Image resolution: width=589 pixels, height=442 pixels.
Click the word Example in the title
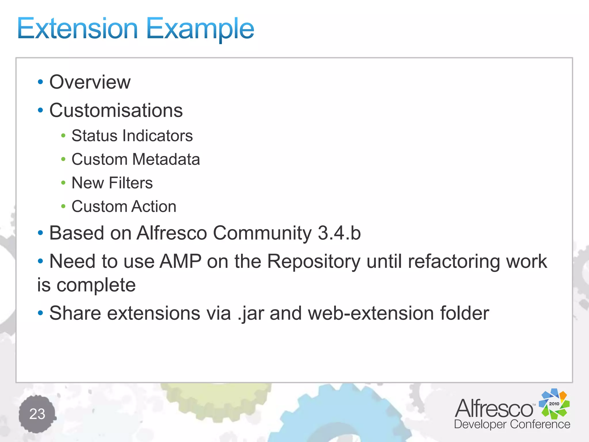tap(200, 29)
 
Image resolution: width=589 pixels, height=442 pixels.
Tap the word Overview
tap(90, 82)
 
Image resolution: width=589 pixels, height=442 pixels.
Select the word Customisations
tap(116, 110)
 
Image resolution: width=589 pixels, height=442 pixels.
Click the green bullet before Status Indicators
tap(63, 136)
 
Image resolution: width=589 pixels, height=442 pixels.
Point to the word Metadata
tap(166, 159)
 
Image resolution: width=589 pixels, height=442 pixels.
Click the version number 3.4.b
tap(339, 233)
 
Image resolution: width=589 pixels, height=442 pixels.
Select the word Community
tap(262, 233)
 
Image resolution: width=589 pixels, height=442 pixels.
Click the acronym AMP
tap(180, 261)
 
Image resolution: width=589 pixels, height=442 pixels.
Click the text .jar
tap(251, 313)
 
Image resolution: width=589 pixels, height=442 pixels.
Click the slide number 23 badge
tap(37, 414)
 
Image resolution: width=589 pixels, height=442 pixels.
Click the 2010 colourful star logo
tap(554, 403)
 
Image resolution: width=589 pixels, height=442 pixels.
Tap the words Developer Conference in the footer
tap(512, 424)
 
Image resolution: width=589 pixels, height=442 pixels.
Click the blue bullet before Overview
tap(40, 82)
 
